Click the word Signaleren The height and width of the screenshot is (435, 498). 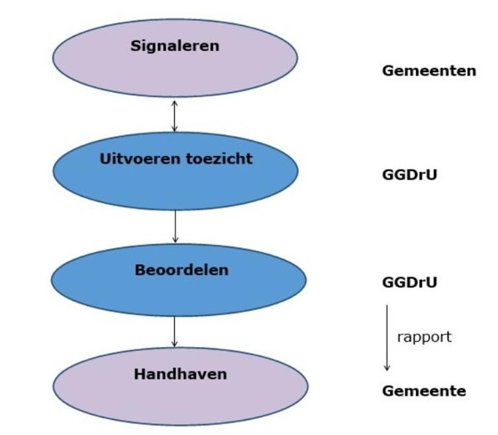click(174, 46)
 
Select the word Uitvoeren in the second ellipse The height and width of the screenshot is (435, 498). click(132, 158)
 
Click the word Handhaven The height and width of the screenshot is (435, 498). click(180, 375)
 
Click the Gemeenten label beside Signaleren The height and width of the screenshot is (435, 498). click(429, 71)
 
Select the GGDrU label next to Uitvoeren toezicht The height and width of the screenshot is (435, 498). click(409, 176)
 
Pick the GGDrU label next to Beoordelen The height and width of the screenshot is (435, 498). click(409, 282)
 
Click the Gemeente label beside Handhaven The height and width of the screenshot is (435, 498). click(424, 391)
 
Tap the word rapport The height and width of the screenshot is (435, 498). click(424, 337)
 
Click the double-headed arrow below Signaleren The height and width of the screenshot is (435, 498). click(174, 116)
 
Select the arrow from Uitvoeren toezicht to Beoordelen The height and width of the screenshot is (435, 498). click(175, 226)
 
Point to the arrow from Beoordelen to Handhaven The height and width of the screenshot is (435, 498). click(174, 331)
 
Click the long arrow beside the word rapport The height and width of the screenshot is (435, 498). click(387, 337)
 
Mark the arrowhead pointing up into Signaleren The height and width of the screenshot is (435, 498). click(174, 103)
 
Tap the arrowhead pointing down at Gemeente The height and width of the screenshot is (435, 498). click(387, 367)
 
